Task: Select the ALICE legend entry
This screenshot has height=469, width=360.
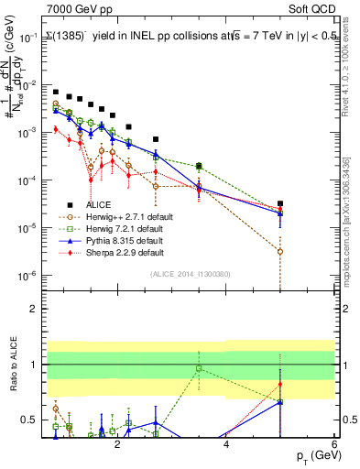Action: [x=99, y=204]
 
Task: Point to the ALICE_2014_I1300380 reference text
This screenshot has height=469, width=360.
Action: [x=190, y=273]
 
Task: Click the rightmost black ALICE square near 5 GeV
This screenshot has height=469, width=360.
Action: [x=280, y=203]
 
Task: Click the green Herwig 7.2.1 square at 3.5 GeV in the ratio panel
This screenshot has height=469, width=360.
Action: [x=199, y=368]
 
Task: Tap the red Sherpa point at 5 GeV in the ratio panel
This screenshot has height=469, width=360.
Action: [x=280, y=384]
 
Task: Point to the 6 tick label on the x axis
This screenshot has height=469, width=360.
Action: [x=334, y=445]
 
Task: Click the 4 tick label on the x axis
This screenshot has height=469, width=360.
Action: [x=225, y=445]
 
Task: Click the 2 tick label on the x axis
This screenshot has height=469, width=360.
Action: [x=117, y=445]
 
